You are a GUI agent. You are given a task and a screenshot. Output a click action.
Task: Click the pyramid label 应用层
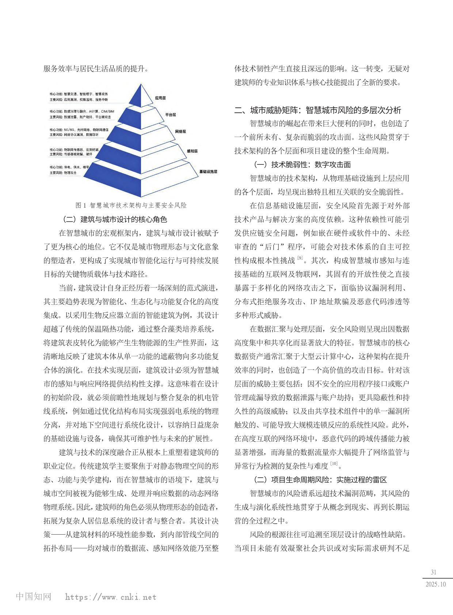tap(160, 98)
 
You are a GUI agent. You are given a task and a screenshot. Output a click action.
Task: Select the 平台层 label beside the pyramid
tap(170, 115)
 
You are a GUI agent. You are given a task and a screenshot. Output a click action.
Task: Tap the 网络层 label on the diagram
tap(180, 132)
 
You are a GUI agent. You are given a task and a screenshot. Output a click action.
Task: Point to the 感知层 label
tap(192, 151)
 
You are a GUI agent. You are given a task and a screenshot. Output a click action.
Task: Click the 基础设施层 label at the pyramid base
tap(208, 171)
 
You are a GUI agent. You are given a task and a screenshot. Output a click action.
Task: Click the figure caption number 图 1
tap(80, 205)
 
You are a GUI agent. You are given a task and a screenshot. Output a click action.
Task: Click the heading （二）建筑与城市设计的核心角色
tap(115, 220)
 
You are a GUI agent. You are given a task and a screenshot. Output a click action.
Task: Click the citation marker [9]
tap(300, 258)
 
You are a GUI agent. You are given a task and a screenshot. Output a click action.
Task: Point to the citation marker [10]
tap(334, 464)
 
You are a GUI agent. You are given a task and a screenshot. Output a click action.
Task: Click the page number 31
tap(434, 572)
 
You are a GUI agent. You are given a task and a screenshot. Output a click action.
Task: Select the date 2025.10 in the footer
tap(435, 584)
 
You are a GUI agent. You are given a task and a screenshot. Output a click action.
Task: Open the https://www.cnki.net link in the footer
tap(111, 597)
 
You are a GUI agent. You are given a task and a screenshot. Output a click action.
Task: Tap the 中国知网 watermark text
tap(34, 597)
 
